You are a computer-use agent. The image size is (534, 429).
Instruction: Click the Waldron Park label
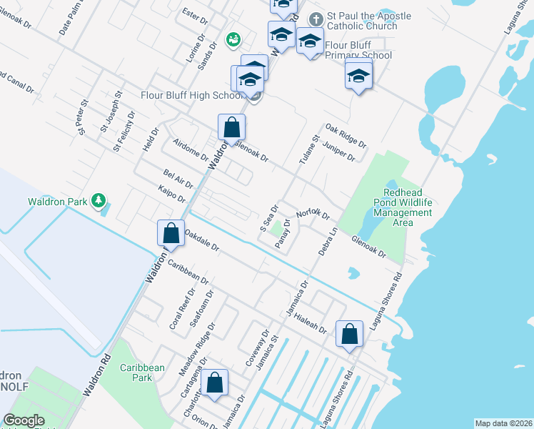tap(56, 202)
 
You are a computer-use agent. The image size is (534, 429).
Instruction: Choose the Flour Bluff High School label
tap(183, 95)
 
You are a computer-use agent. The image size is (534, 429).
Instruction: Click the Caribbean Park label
tap(142, 373)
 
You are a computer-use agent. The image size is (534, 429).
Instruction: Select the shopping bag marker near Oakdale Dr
tap(171, 234)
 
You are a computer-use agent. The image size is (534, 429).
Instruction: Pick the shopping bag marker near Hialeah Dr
tap(349, 334)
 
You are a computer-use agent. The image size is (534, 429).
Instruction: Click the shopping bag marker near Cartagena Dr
tap(214, 383)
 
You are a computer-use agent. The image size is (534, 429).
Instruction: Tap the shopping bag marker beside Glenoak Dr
tap(232, 128)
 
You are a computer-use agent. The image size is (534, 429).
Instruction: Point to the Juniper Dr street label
tap(339, 152)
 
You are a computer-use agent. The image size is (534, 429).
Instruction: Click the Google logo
tap(24, 420)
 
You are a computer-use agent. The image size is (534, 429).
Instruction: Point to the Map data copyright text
tap(503, 423)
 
